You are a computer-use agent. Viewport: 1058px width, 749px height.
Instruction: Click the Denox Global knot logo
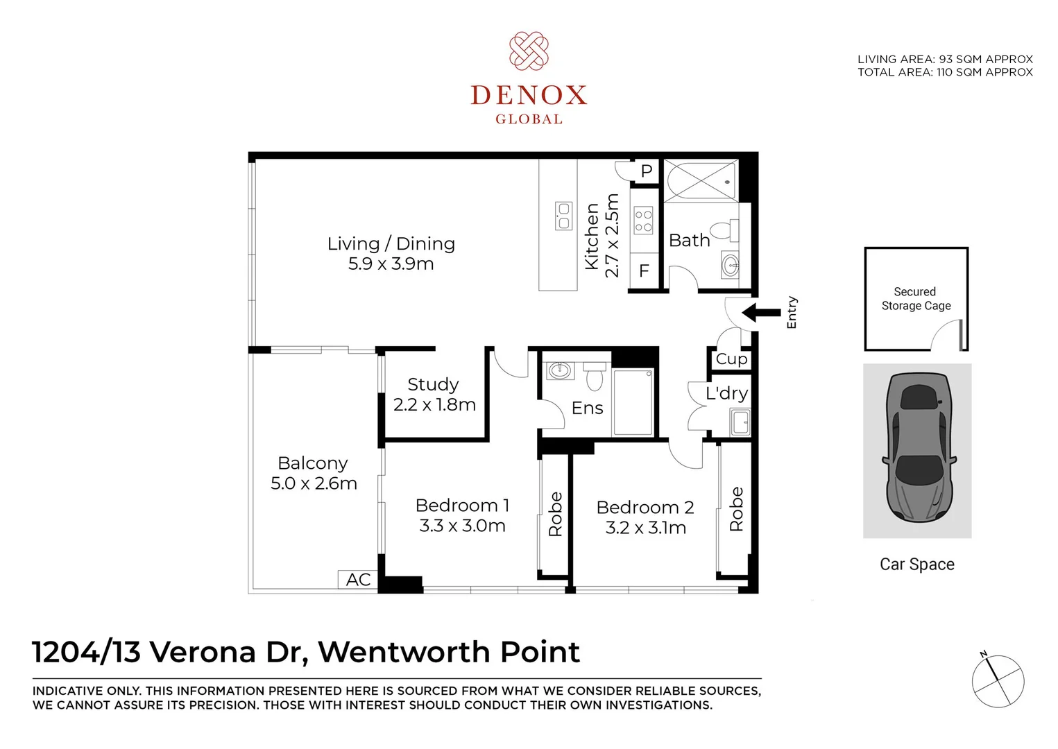pos(529,51)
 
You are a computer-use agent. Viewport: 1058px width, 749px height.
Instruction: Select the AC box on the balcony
pos(358,580)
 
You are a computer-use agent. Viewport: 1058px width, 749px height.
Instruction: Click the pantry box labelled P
pos(646,171)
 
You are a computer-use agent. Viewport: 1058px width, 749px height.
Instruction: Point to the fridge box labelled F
pos(644,271)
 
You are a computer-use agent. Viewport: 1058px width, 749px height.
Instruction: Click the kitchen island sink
pos(563,216)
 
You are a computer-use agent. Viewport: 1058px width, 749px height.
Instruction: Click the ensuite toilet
pos(595,377)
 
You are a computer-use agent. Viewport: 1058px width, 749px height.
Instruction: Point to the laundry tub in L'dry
pos(740,422)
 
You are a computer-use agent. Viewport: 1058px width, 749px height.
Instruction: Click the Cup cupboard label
pos(731,359)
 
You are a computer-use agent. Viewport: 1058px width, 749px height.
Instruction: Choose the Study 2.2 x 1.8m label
pos(434,395)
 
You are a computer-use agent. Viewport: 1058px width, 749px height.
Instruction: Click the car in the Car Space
pos(917,449)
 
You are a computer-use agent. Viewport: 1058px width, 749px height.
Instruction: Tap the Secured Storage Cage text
pos(916,299)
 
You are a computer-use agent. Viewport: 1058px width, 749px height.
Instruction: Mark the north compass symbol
pos(997,680)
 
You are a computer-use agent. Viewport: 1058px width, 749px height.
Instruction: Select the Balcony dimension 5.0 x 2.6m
pos(314,483)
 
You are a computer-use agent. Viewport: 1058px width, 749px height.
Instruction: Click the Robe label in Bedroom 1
pos(555,514)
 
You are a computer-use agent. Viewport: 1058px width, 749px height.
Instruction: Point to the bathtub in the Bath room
pos(701,180)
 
